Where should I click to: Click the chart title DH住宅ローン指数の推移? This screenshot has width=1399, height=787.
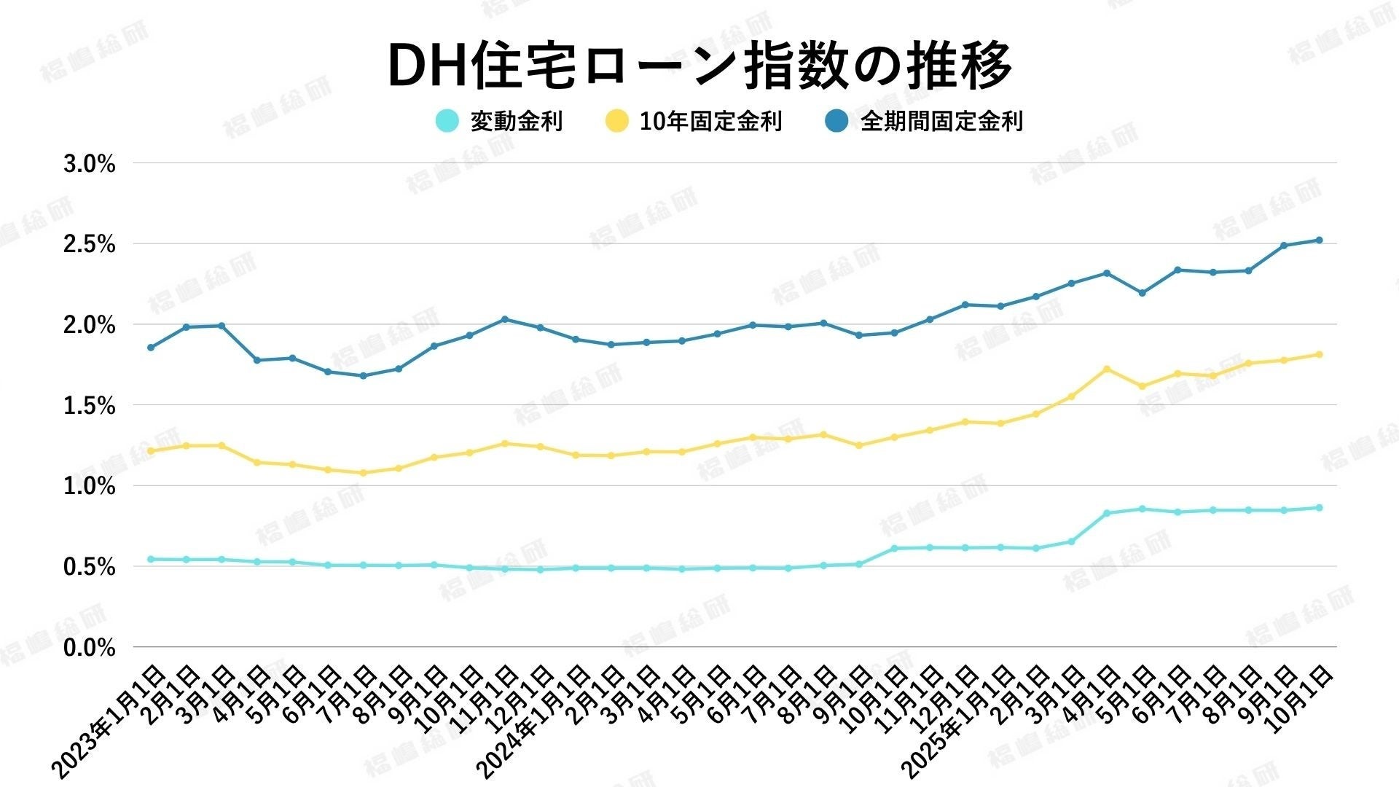point(699,66)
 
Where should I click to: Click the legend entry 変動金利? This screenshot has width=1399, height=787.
point(516,121)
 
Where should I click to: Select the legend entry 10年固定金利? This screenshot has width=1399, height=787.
point(710,121)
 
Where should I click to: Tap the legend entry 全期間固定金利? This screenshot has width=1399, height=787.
point(941,121)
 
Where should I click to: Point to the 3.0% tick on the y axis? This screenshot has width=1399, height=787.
point(90,164)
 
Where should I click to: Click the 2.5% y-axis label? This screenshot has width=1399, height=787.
point(90,245)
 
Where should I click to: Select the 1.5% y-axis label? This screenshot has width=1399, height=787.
point(90,406)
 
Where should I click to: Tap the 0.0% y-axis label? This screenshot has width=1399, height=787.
point(90,647)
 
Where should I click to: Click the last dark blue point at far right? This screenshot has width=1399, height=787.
point(1319,240)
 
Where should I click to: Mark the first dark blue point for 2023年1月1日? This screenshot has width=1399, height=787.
point(151,348)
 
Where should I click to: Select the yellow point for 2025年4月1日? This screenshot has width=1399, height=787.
point(1107,369)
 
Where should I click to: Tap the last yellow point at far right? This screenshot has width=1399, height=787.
point(1319,355)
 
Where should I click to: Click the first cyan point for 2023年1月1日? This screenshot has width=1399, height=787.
point(151,559)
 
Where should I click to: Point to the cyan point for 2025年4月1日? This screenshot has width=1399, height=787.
point(1107,513)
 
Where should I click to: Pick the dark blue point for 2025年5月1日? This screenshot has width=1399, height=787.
point(1142,293)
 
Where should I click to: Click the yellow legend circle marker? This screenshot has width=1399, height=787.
point(617,121)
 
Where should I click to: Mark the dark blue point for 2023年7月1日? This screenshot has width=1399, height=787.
point(363,376)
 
